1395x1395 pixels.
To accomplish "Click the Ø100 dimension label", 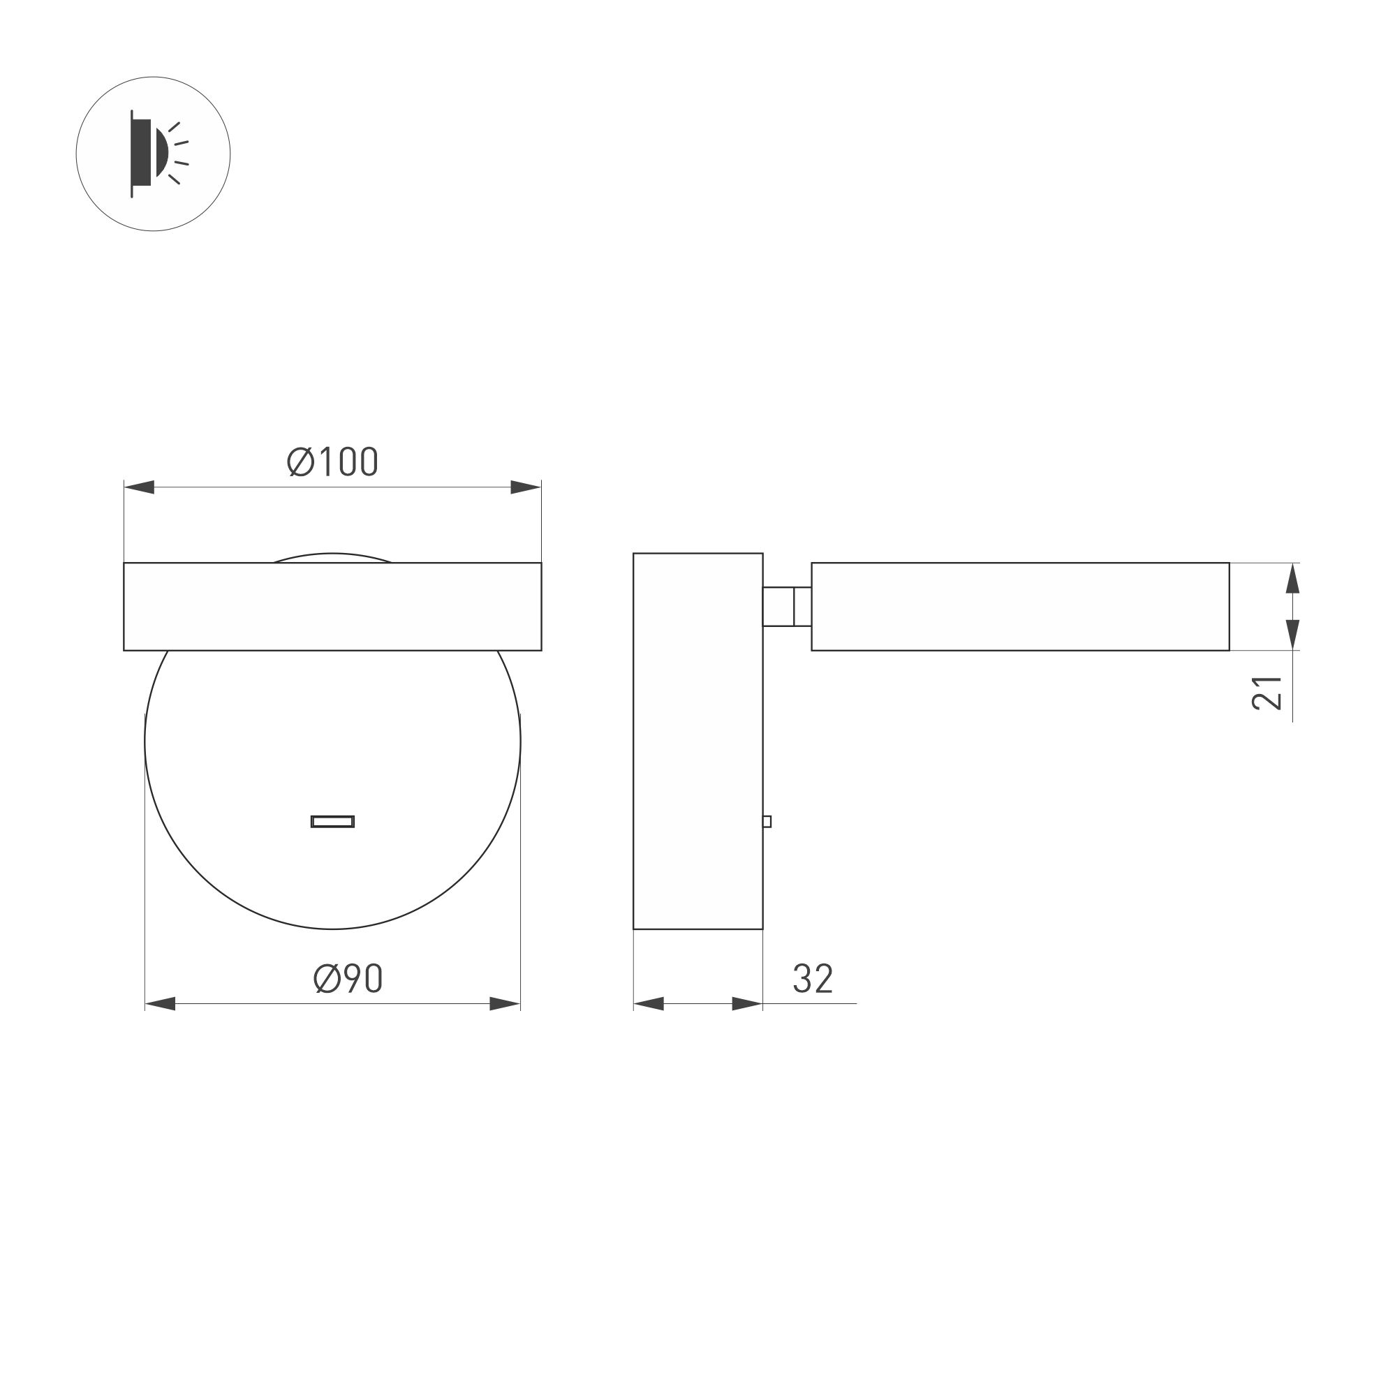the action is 332,462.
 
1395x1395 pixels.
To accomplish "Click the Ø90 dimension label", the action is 348,978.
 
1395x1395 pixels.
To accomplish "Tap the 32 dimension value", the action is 813,978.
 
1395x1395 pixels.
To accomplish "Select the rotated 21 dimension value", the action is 1267,693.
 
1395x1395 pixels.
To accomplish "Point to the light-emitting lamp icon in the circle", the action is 155,154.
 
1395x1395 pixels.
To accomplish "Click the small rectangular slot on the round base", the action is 332,821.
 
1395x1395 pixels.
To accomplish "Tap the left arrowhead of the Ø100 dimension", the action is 140,487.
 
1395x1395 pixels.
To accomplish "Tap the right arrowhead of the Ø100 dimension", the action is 526,487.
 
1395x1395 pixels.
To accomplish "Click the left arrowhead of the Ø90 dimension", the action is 161,1003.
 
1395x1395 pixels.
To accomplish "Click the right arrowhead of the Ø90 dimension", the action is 505,1003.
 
